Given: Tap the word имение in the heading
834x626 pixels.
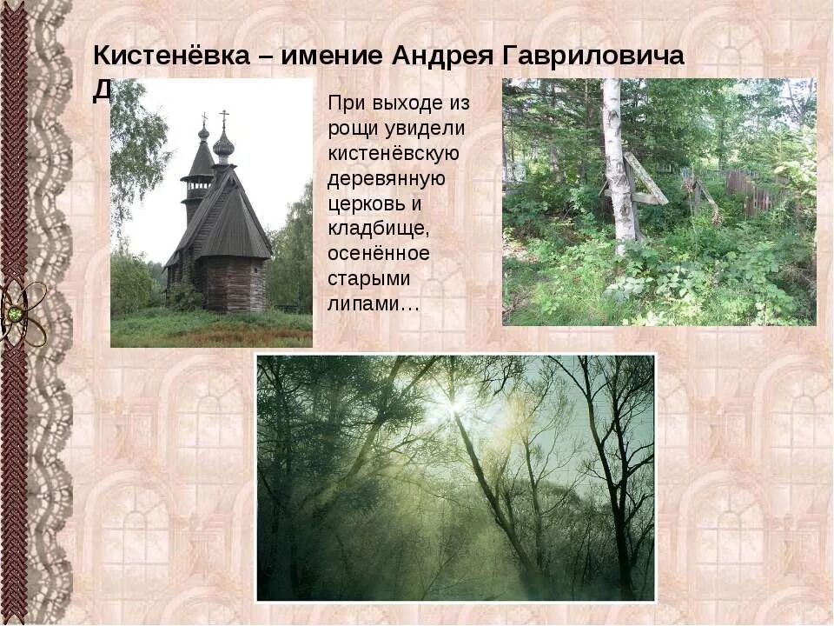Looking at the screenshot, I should [334, 57].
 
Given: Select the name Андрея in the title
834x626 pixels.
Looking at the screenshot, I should [443, 57].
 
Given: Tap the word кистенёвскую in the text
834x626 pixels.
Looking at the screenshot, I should [393, 154].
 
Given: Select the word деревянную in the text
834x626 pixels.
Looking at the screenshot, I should [387, 179].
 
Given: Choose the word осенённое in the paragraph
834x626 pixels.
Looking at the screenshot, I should [379, 255].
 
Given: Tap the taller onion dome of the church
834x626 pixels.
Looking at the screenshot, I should [223, 144].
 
